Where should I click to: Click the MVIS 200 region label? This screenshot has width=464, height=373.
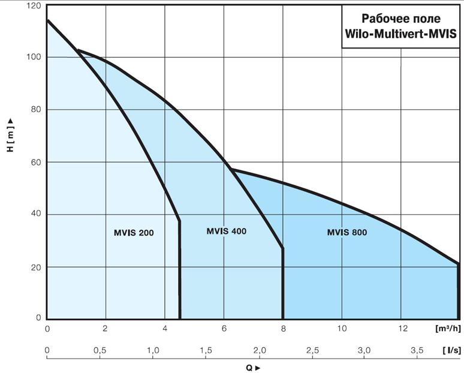coord(134,233)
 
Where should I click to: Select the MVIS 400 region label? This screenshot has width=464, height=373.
coord(226,231)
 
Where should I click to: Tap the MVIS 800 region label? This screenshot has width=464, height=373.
coord(347,232)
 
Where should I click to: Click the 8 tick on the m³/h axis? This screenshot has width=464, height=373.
coord(283,329)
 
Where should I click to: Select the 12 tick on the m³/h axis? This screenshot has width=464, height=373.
coord(401,329)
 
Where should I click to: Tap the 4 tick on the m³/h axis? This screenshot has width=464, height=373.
coord(165,329)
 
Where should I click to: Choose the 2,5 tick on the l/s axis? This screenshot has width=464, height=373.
coord(312,350)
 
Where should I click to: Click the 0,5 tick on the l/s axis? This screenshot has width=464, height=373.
coord(100,350)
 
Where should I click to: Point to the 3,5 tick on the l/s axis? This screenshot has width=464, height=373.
coord(417,350)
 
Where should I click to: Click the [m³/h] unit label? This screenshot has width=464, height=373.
coord(447,329)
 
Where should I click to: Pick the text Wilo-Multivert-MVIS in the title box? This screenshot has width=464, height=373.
coord(400,34)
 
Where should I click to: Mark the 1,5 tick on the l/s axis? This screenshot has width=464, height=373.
coord(206,350)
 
